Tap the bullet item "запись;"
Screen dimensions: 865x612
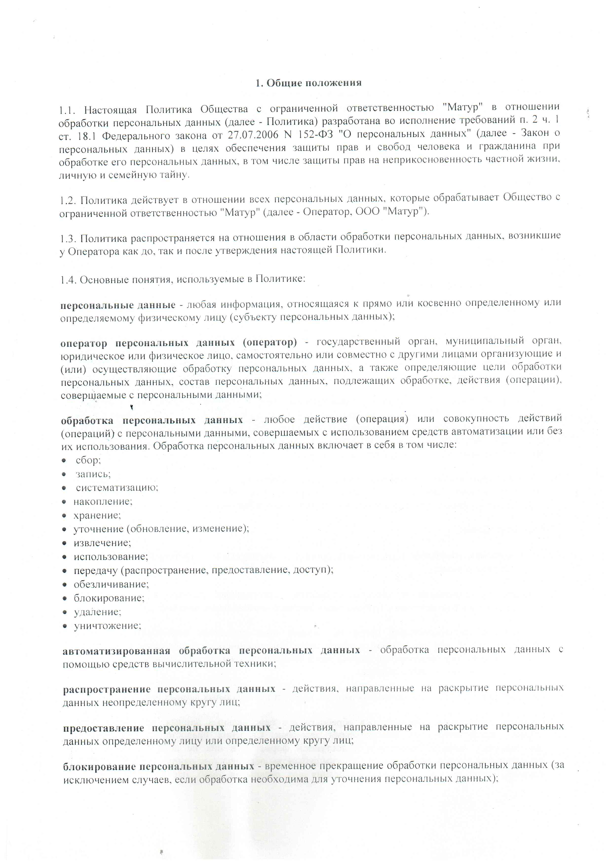coord(93,474)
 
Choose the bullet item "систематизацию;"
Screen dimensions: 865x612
coord(117,488)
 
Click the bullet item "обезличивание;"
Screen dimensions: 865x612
coord(111,584)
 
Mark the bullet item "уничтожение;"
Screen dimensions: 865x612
coord(107,626)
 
